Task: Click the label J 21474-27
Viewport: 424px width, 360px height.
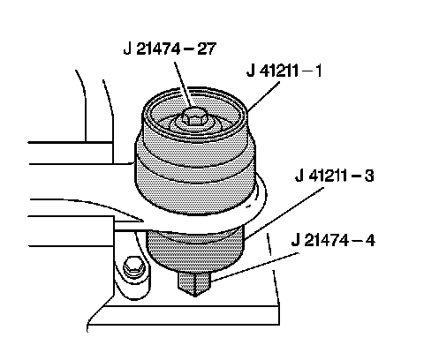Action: (170, 49)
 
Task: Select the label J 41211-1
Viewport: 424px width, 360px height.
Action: (284, 71)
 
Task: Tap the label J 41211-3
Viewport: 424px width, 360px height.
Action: (335, 176)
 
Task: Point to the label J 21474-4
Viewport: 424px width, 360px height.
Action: (333, 240)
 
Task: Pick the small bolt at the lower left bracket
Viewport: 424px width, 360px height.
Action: (134, 267)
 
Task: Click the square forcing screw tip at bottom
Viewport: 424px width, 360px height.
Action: (194, 284)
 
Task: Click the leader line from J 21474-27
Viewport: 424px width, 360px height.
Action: (184, 85)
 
